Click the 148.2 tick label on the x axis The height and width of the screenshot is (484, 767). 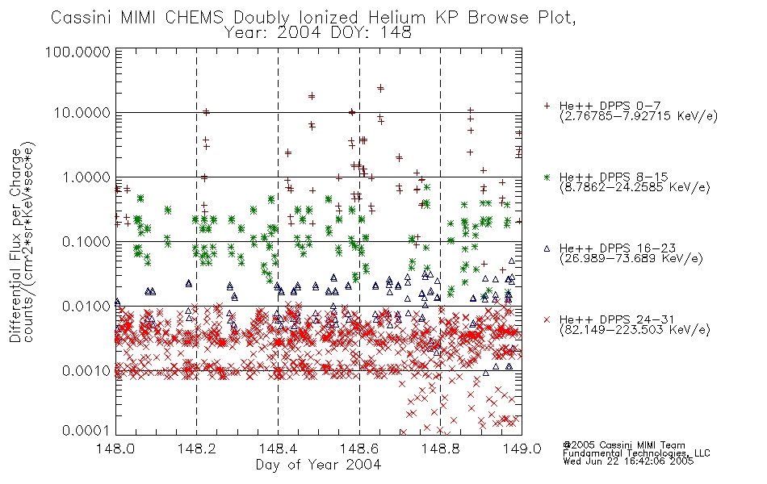[x=197, y=449]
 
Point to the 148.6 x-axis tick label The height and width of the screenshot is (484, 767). [x=359, y=449]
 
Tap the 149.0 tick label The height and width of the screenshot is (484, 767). [x=522, y=449]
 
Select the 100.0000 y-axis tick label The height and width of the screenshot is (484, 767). [x=78, y=52]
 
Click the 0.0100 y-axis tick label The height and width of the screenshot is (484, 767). [x=86, y=307]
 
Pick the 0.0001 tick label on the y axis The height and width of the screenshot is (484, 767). [x=86, y=431]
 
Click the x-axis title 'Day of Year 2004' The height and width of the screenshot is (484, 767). [x=318, y=465]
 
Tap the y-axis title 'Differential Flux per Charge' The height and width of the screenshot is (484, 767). [x=15, y=245]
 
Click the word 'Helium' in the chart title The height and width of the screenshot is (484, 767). [x=396, y=18]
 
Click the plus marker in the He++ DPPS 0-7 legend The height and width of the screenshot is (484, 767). [x=547, y=106]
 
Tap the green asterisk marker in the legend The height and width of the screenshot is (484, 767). [x=547, y=177]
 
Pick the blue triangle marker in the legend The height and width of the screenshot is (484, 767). [x=547, y=248]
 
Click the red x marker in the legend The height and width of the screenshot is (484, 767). [x=547, y=319]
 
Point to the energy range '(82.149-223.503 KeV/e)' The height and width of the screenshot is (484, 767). [x=635, y=330]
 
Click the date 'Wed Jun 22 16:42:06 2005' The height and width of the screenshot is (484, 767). [x=628, y=461]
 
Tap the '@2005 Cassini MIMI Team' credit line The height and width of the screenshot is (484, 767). [x=623, y=445]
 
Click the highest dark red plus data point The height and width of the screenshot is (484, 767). [x=380, y=88]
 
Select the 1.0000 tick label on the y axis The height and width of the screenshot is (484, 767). [x=86, y=177]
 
